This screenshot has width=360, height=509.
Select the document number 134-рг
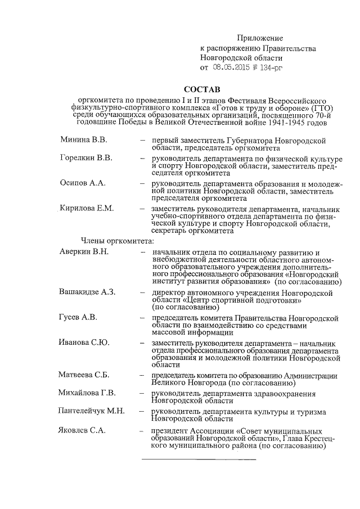coord(268,67)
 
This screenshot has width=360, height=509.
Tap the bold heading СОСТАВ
coord(203,89)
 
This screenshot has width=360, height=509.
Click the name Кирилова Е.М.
coord(87,208)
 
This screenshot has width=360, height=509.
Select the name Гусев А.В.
coord(79,317)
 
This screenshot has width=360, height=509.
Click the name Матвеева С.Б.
coord(84,375)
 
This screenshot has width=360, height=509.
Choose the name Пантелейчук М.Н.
coord(93,412)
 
